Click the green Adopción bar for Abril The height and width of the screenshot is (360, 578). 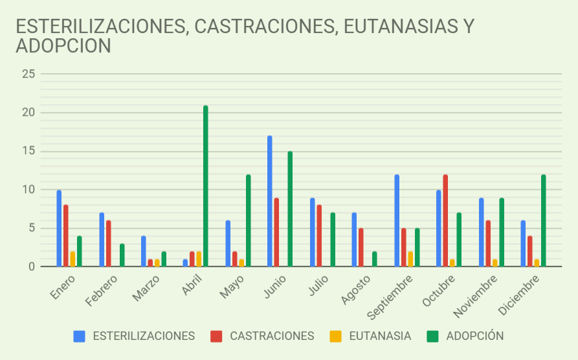point(205,186)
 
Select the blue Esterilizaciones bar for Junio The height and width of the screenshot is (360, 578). point(269,201)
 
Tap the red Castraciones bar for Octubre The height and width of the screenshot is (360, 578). point(445,221)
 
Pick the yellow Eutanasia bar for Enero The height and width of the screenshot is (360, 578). point(72,259)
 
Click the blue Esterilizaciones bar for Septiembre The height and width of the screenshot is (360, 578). point(397,221)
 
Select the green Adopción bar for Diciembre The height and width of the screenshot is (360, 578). point(544,221)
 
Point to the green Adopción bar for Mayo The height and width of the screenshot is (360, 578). point(248,221)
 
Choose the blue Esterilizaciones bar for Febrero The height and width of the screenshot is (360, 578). point(102,240)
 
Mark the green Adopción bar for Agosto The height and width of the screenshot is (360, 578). point(375,259)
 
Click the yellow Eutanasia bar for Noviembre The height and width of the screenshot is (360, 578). point(495,263)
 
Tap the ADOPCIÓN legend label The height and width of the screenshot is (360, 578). point(474,336)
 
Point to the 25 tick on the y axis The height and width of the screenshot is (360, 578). point(28,74)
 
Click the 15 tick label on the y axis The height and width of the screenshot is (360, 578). point(28,151)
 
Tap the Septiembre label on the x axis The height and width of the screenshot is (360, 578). point(388,297)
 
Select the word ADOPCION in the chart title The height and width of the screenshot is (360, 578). point(63,46)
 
